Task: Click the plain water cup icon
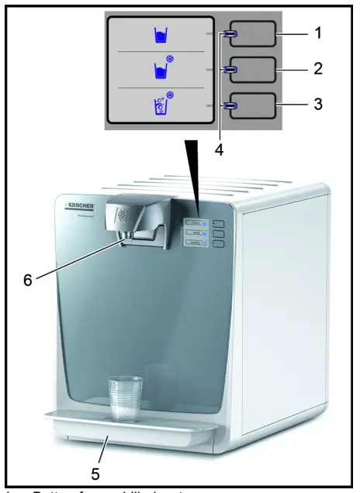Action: click(161, 35)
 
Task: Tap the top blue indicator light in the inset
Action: click(230, 34)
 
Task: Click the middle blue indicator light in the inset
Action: click(230, 70)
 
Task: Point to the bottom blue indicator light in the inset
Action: click(230, 105)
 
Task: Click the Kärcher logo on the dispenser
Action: click(79, 206)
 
